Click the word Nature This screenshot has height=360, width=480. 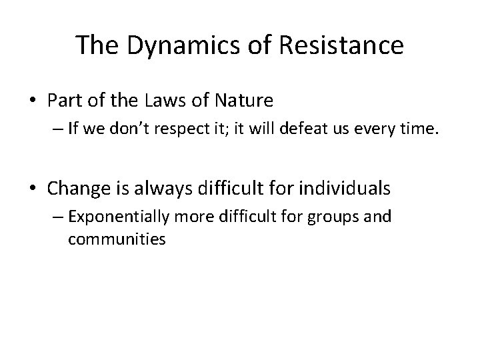(x=245, y=101)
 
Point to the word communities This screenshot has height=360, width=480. (x=117, y=239)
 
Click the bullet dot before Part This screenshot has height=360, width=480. (x=33, y=102)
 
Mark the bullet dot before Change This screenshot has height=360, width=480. (x=33, y=189)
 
